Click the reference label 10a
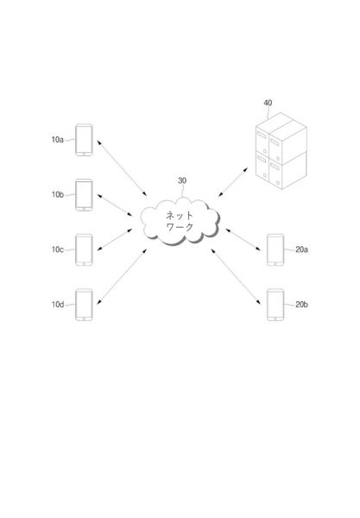coord(58,140)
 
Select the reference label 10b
coord(58,194)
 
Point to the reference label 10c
coord(58,250)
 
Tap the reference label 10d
coord(58,304)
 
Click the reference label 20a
coord(301,250)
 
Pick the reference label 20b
coord(301,305)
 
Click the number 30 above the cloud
coord(182,180)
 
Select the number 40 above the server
coord(268,103)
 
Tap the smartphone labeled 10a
coord(84,140)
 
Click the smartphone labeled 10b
coord(84,195)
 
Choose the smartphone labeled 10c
coord(84,250)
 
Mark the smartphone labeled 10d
coord(84,305)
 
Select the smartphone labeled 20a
coord(275,250)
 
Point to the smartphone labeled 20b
coord(275,305)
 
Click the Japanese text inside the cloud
coord(180,221)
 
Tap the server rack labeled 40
coord(281,151)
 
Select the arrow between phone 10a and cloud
coord(122,167)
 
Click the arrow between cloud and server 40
coord(233,182)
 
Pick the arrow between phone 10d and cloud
coord(122,276)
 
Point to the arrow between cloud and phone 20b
coord(237,276)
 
